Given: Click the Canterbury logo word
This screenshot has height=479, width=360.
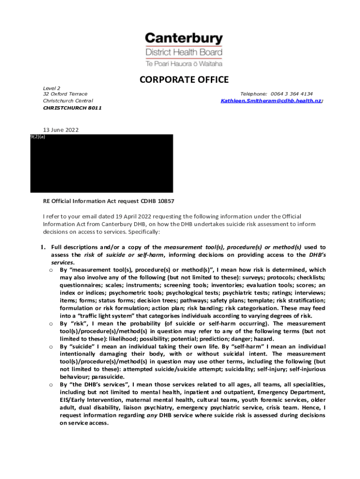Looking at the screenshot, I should pyautogui.click(x=184, y=38).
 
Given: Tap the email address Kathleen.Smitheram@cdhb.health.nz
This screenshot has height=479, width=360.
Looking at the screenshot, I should pyautogui.click(x=271, y=101).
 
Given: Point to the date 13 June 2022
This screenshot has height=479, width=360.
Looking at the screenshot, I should pyautogui.click(x=61, y=130).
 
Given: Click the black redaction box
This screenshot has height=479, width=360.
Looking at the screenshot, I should pyautogui.click(x=101, y=164).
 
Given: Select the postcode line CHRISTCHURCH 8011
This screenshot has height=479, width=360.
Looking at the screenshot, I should pyautogui.click(x=72, y=108).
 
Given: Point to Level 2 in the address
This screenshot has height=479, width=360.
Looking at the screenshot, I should pyautogui.click(x=51, y=87).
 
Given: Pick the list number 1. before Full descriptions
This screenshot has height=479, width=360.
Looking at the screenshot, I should pyautogui.click(x=42, y=247).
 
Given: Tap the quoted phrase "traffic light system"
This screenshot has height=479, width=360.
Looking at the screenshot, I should pyautogui.click(x=100, y=316).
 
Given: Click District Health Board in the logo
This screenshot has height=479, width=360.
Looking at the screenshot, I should pyautogui.click(x=184, y=52).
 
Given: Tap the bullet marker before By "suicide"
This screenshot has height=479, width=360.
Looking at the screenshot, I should pyautogui.click(x=50, y=347).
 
